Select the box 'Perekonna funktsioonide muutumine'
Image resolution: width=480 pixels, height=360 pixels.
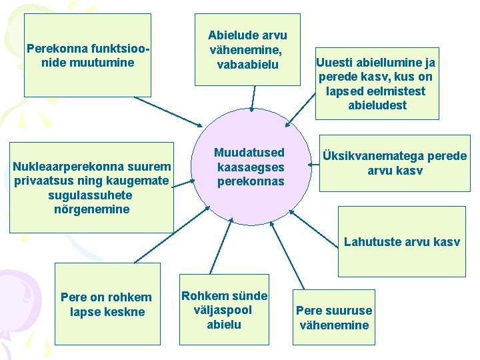coord(87,56)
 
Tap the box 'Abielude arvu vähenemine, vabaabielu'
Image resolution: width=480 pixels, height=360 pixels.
coord(247,49)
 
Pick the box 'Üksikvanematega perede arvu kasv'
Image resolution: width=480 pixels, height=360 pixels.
coord(395,163)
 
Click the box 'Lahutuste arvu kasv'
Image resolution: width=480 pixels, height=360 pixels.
coord(401,241)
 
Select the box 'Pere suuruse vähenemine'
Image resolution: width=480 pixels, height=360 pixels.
coord(334,318)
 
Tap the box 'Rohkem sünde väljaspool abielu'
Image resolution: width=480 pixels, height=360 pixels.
coord(224,310)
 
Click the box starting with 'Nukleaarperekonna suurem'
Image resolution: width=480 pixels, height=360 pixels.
coord(92,187)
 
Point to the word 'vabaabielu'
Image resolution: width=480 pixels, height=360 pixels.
coord(247,65)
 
